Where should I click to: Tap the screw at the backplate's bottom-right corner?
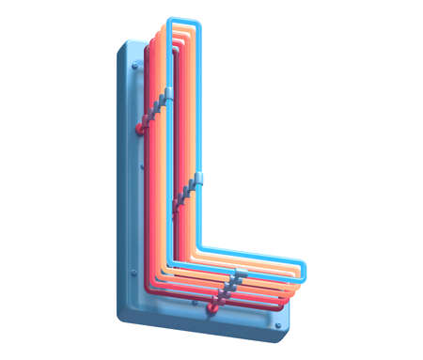[x=277, y=323]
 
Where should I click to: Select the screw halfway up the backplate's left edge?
[x=142, y=167]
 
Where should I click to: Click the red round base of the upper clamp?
[x=142, y=126]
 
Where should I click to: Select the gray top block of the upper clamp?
[x=169, y=93]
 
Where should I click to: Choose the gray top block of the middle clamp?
[x=199, y=177]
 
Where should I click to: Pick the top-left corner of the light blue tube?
[x=170, y=22]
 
